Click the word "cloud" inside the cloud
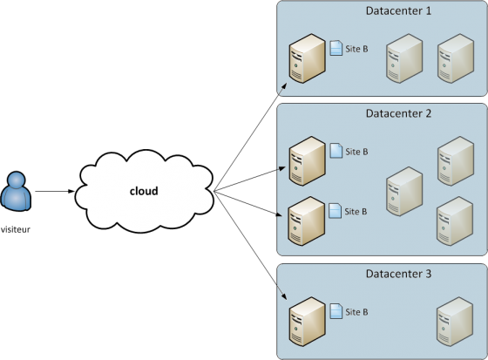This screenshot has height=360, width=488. pyautogui.click(x=144, y=191)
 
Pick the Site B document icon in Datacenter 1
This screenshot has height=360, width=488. pyautogui.click(x=336, y=50)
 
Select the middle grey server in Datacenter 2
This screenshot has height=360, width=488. pyautogui.click(x=403, y=192)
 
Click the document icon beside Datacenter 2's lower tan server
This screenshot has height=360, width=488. pyautogui.click(x=336, y=211)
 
